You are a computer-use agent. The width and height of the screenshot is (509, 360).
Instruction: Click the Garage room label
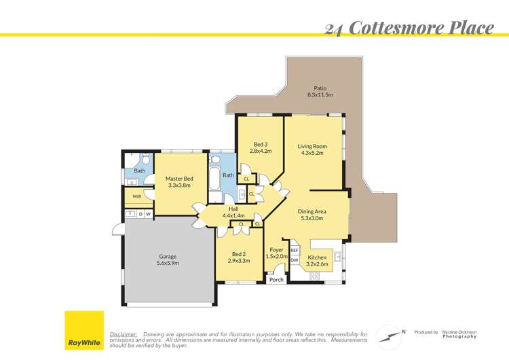point(167,259)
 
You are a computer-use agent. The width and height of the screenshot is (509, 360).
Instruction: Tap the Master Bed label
point(179,181)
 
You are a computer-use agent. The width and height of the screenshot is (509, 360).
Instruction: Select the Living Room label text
point(312,149)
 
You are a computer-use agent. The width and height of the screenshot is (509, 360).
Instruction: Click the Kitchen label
point(318,261)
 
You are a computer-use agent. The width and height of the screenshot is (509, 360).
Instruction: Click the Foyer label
point(275,253)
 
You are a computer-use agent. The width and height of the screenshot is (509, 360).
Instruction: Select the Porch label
point(276,280)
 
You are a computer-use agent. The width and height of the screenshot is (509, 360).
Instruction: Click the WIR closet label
point(136,196)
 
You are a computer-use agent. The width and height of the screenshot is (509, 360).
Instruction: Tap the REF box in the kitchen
point(295,250)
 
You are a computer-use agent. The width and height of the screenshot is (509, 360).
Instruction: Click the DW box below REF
point(295,260)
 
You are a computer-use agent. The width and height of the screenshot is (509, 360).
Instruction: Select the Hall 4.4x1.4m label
point(233,212)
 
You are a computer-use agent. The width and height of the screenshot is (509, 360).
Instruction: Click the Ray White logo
point(84,331)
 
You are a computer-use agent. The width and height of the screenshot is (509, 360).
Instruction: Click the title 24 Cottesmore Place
point(409,28)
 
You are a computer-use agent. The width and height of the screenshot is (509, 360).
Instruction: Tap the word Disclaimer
point(124,335)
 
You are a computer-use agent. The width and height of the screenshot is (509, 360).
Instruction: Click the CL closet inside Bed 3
point(246,179)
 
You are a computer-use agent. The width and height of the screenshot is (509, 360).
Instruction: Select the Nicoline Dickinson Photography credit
point(459,334)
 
